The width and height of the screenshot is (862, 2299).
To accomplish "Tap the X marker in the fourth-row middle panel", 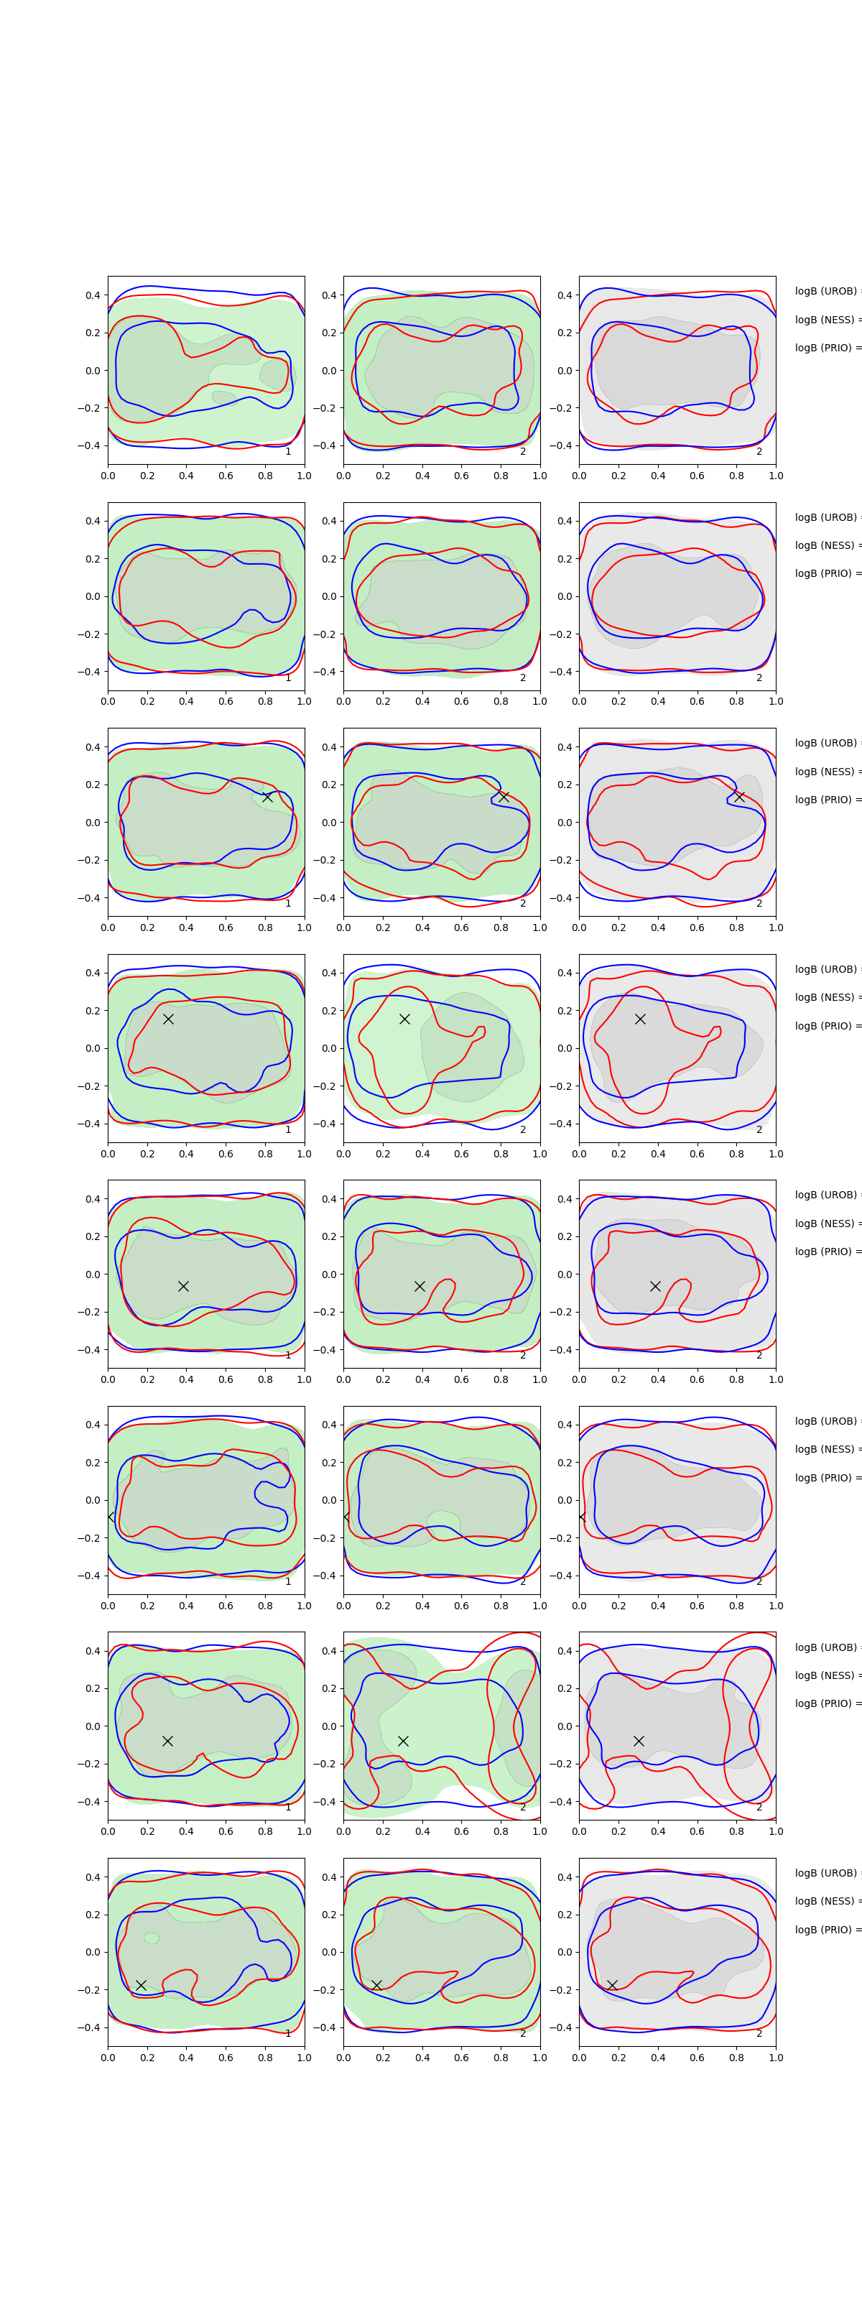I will pyautogui.click(x=404, y=1018).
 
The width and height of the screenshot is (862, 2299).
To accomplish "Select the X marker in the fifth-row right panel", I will pyautogui.click(x=655, y=1286).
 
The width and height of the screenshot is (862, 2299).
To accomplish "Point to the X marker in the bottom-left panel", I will pyautogui.click(x=141, y=1985).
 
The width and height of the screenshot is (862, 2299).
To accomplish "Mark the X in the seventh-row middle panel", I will pyautogui.click(x=403, y=1740).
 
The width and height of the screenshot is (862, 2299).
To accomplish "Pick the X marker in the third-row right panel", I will pyautogui.click(x=739, y=797).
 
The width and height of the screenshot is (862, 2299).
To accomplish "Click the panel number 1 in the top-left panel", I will pyautogui.click(x=288, y=452).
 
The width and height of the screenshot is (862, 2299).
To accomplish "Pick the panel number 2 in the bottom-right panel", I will pyautogui.click(x=759, y=2033).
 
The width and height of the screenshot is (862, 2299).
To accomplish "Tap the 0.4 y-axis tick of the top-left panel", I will pyautogui.click(x=93, y=295).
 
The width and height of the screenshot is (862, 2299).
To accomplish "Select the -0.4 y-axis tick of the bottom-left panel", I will pyautogui.click(x=90, y=2027).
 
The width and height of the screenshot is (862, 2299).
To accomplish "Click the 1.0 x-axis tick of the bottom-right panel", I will pyautogui.click(x=776, y=2057).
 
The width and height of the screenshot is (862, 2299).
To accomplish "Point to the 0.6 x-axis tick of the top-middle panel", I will pyautogui.click(x=461, y=476).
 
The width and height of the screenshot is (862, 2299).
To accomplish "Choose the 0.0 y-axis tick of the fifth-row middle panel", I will pyautogui.click(x=329, y=1275).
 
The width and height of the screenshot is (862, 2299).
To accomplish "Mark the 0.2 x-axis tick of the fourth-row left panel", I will pyautogui.click(x=147, y=1154).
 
